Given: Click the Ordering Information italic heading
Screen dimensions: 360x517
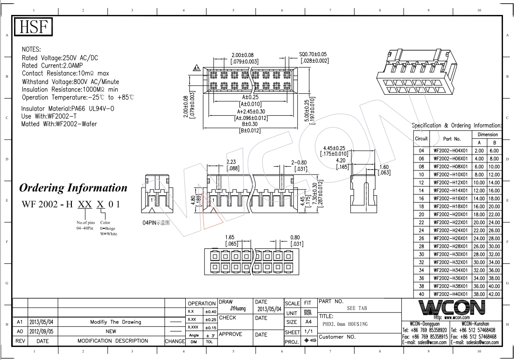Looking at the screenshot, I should [73, 188].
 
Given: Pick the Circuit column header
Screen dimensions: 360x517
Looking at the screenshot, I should [421, 139].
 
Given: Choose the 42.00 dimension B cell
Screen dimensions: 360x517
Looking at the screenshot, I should [494, 294].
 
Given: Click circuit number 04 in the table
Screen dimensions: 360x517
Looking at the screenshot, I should [421, 151].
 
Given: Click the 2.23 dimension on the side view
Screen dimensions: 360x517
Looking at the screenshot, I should [231, 162].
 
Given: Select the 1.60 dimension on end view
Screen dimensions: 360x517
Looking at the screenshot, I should [384, 167].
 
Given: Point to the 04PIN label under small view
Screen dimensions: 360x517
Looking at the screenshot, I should [156, 223].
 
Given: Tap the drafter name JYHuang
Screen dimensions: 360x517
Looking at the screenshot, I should [238, 309].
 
